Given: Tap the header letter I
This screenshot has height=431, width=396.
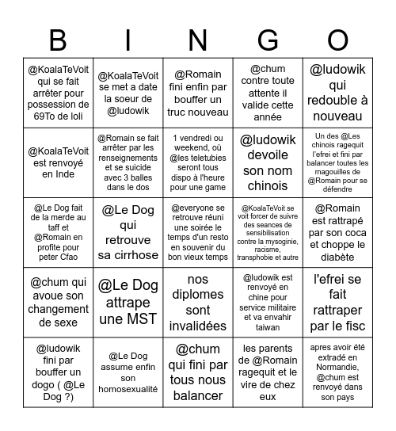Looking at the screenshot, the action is pos(128,40).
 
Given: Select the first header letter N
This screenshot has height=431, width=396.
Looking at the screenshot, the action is pos(197,40).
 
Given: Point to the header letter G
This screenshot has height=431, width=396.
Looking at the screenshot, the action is pos(268,40).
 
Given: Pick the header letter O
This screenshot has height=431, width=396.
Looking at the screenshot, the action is pos(338,40).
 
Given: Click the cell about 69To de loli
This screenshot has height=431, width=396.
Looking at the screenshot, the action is pos(59,92).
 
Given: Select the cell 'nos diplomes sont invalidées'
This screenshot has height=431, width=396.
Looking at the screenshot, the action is pos(198,303).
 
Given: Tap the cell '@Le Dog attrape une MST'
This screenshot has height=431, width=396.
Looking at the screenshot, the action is pos(128,303).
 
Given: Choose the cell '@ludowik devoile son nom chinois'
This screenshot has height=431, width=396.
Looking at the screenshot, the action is pos(268,162).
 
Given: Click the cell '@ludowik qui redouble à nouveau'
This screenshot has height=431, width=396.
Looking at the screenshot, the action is pos(338,92).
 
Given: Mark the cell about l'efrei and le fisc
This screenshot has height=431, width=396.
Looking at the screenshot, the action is pos(338,303).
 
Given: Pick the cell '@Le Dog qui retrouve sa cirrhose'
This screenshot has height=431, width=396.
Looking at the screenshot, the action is pos(128,233).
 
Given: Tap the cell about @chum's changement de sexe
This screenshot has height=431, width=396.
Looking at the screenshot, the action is pos(59,303).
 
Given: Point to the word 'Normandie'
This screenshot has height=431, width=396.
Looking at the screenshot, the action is pos(338,378).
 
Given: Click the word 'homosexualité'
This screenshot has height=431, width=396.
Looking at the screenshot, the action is pos(128,388).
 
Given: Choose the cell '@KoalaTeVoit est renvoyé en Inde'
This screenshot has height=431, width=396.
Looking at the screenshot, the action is pos(59,162).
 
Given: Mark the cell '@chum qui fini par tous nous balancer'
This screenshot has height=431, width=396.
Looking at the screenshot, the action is pos(198,372).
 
